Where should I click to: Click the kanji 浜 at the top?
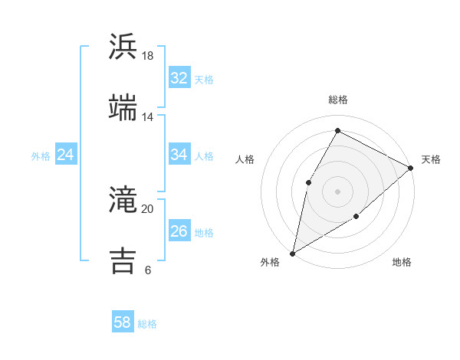pos(123,47)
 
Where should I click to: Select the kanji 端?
pos(123,107)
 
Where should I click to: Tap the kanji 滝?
pos(123,200)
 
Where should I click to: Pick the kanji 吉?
pos(123,260)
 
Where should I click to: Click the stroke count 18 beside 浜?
pos(148,56)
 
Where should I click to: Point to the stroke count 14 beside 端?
pos(148,117)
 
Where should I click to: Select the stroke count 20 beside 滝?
pos(148,209)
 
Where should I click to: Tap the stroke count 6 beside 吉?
pos(148,270)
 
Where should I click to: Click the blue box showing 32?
pos(179,77)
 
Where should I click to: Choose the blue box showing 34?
pos(179,155)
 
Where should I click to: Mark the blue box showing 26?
pos(179,231)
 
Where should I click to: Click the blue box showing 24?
pos(65,155)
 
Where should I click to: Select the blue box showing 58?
pos(123,322)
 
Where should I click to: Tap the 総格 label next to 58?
pos(147,324)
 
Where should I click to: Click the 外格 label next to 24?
pos(41,156)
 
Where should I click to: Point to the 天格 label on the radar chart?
pos(431,159)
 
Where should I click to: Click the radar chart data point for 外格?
pos(292,253)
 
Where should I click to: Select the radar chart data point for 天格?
pos(411,169)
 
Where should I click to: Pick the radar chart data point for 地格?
pos(356,217)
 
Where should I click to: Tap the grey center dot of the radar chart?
pos(337,191)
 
